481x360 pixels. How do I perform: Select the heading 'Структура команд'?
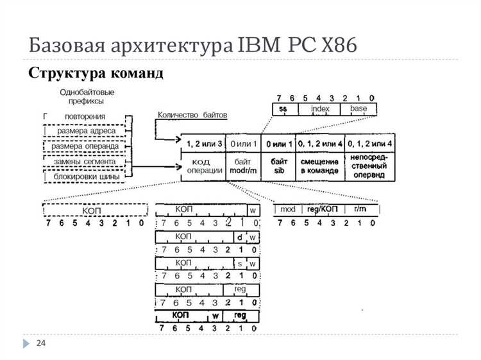point(96,73)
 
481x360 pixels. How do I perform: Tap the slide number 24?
point(41,344)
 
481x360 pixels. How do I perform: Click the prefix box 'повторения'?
point(85,116)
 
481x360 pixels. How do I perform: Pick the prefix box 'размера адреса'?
point(86,131)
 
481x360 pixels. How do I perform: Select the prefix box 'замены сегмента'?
point(86,160)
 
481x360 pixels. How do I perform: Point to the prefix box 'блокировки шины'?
point(86,175)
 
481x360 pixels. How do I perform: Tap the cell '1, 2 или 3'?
point(203,142)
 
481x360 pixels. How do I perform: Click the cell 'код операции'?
point(204,166)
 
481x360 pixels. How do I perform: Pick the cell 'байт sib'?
point(279,166)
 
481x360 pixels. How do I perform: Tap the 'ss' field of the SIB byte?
point(283,108)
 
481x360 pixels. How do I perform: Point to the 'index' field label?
point(319,108)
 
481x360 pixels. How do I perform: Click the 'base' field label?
point(359,108)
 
